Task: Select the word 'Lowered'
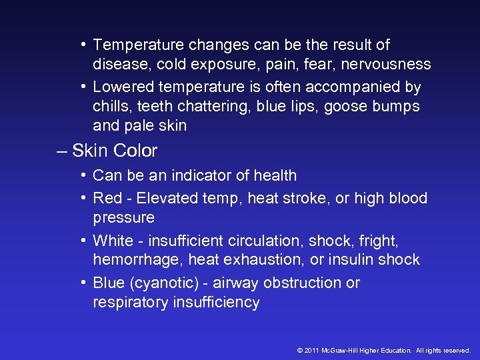123,87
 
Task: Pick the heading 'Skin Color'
115,151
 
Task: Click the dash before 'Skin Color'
62,151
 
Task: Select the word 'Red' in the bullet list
107,198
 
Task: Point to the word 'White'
113,240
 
